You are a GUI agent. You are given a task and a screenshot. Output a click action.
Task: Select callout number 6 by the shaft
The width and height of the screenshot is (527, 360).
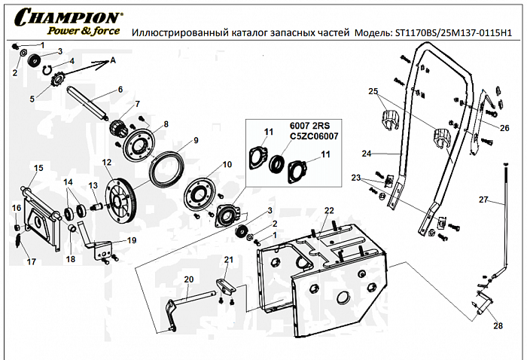tap(120, 90)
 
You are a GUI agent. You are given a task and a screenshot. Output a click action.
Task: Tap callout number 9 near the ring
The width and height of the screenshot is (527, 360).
tap(195, 140)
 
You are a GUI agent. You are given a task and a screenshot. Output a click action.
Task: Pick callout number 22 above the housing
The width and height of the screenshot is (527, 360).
tap(328, 209)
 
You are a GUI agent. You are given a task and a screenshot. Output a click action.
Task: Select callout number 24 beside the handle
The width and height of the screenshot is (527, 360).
tap(366, 154)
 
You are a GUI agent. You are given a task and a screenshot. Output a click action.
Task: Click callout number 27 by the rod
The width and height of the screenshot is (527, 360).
tap(483, 200)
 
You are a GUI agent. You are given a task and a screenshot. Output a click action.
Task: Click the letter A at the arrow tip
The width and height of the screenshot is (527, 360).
tap(113, 59)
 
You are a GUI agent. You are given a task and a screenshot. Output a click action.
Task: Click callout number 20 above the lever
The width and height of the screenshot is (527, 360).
tap(189, 279)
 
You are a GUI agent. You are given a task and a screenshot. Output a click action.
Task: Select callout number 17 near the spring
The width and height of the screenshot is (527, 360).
tap(31, 262)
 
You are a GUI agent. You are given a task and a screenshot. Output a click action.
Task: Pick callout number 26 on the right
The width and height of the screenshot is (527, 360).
tap(504, 127)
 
